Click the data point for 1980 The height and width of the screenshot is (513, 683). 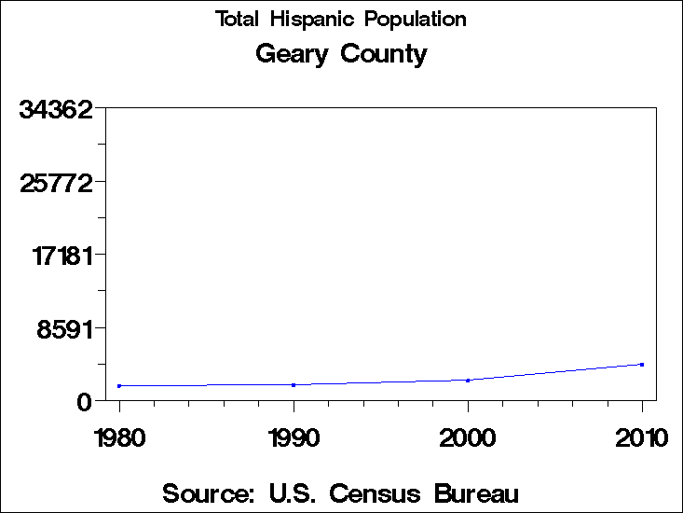pos(119,385)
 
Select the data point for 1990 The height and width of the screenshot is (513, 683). pos(294,384)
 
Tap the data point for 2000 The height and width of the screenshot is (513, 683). pos(468,380)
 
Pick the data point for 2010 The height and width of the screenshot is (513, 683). pos(642,365)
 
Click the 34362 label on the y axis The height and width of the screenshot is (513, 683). pos(57,109)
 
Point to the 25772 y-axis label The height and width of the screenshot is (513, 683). pos(57,182)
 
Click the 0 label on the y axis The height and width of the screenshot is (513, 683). pos(85,401)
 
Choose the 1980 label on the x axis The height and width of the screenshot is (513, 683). pos(119,437)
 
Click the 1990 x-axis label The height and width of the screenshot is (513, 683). pos(294,437)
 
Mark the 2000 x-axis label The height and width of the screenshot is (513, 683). pos(468,437)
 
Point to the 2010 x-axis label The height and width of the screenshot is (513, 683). pos(642,437)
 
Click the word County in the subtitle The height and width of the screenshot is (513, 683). pos(384,55)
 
